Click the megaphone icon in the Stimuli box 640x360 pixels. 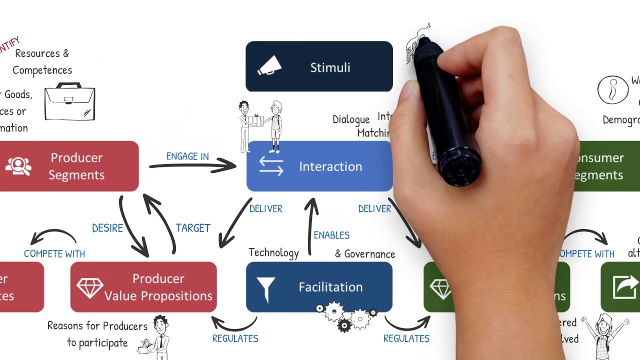click(x=269, y=67)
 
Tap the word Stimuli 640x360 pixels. click(x=330, y=67)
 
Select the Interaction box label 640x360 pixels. click(x=330, y=166)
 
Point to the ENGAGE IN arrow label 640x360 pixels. click(x=187, y=156)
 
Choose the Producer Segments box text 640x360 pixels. click(x=76, y=166)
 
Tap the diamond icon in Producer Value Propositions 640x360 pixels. click(x=90, y=287)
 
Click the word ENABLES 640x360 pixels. click(x=331, y=235)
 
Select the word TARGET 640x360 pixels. click(x=193, y=228)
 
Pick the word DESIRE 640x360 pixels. click(x=107, y=228)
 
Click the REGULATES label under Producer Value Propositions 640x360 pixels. click(x=235, y=338)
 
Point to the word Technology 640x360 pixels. click(x=273, y=253)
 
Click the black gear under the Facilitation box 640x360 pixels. click(x=344, y=326)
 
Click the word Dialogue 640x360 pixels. click(x=351, y=119)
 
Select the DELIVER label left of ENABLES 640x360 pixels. click(x=266, y=208)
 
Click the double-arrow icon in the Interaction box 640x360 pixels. click(x=271, y=166)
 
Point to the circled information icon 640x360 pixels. click(x=613, y=90)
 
